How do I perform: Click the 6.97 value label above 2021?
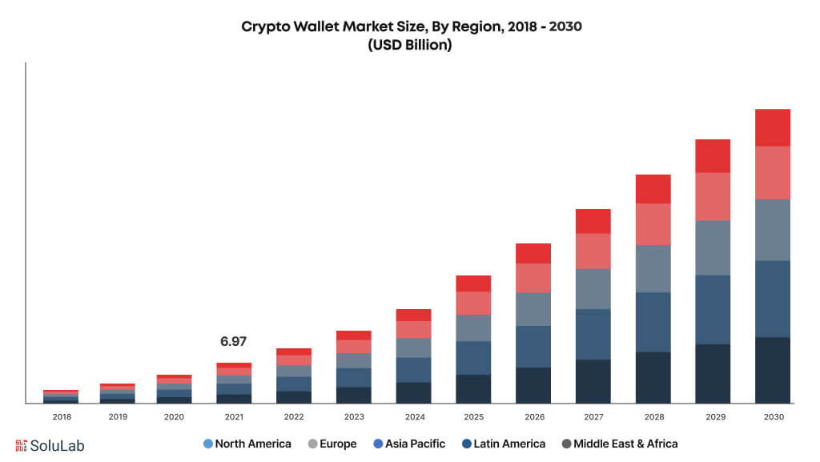pyautogui.click(x=233, y=342)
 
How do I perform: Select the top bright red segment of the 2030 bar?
pyautogui.click(x=773, y=127)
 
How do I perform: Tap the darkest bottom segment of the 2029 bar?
pyautogui.click(x=713, y=373)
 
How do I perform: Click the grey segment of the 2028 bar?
pyautogui.click(x=653, y=268)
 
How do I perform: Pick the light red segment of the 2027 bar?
pyautogui.click(x=593, y=251)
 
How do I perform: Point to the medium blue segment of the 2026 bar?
pyautogui.click(x=533, y=346)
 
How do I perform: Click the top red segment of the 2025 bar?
pyautogui.click(x=473, y=283)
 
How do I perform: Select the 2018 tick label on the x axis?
pyautogui.click(x=62, y=417)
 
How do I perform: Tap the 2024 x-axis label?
pyautogui.click(x=414, y=417)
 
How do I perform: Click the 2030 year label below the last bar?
pyautogui.click(x=773, y=417)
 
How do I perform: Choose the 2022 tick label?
pyautogui.click(x=294, y=417)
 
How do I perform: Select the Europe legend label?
pyautogui.click(x=337, y=444)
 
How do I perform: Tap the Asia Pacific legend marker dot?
pyautogui.click(x=377, y=444)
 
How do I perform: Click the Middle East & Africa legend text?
pyautogui.click(x=625, y=444)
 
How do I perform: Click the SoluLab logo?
pyautogui.click(x=50, y=445)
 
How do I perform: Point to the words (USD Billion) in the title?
pyautogui.click(x=410, y=46)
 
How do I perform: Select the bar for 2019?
pyautogui.click(x=118, y=393)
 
